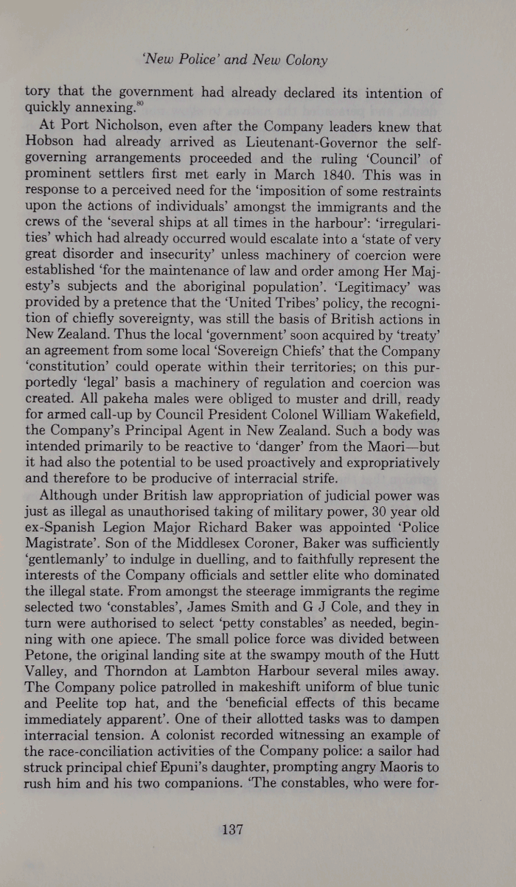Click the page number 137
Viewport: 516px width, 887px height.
(232, 830)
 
